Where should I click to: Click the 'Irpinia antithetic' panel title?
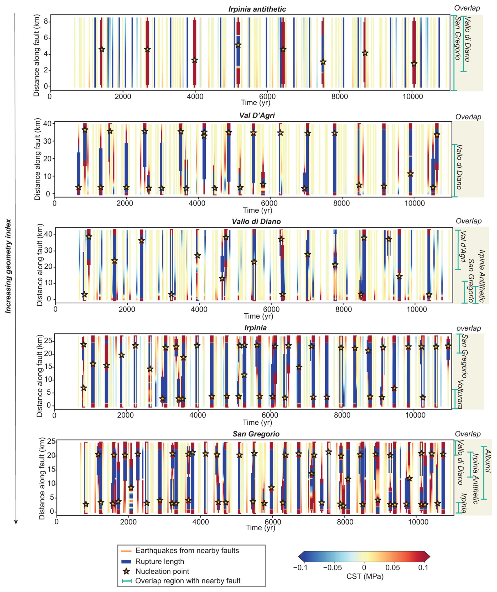[257, 9]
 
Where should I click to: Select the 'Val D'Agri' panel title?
[257, 116]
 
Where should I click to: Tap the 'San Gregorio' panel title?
[256, 434]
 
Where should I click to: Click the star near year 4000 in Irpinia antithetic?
[194, 60]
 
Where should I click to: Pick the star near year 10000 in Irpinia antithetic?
[414, 64]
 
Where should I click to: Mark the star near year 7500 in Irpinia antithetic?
[323, 62]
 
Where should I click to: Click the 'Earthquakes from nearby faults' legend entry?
[187, 550]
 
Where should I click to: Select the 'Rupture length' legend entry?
[159, 561]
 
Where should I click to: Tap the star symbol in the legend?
[127, 571]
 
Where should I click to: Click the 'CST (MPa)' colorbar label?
[365, 576]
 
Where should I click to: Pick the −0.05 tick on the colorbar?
[333, 568]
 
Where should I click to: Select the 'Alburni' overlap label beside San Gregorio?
[488, 461]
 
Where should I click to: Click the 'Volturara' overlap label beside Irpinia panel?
[459, 394]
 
